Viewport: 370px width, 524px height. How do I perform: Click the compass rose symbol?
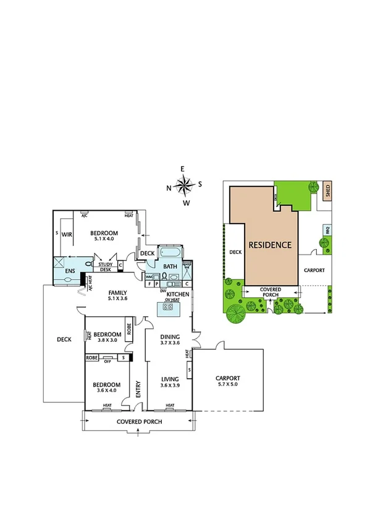click(184, 185)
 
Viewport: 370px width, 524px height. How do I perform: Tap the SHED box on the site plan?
click(327, 188)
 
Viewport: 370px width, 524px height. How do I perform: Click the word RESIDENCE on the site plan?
click(269, 245)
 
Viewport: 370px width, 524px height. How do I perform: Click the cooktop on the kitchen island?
click(169, 306)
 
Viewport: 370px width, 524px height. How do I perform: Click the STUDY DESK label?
click(105, 267)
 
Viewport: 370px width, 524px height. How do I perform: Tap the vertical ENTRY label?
click(138, 387)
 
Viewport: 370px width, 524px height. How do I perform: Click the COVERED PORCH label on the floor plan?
click(140, 421)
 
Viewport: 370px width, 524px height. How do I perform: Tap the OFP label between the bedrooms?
click(107, 358)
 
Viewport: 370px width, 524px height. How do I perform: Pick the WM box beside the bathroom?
click(149, 277)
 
